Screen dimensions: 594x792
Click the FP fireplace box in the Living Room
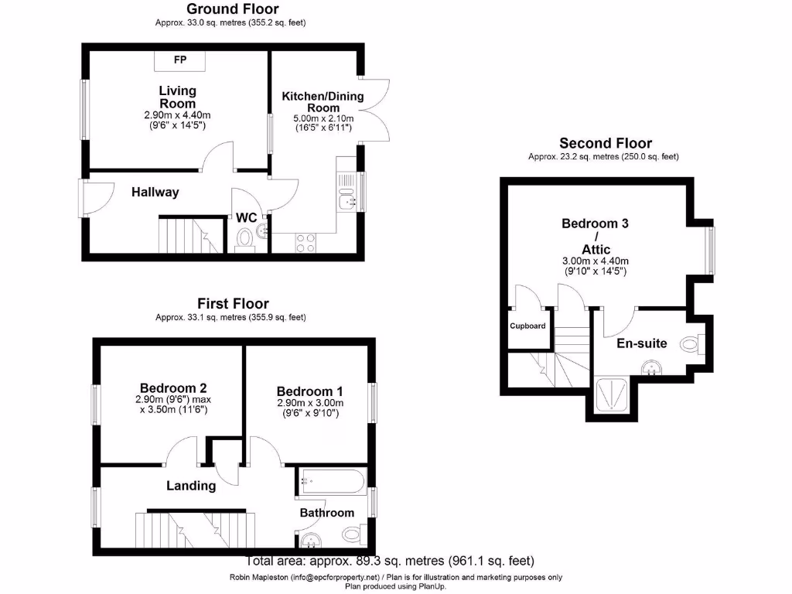point(179,60)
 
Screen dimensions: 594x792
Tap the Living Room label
point(177,97)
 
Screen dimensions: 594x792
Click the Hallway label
point(155,192)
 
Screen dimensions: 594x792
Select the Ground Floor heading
point(230,9)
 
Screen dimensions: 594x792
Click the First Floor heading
point(233,303)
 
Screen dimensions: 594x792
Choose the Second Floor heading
point(606,143)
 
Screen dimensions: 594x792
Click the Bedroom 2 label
point(173,387)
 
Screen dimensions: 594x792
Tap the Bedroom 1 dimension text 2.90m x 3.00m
point(309,403)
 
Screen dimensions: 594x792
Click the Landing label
point(191,486)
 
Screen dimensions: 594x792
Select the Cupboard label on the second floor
point(527,326)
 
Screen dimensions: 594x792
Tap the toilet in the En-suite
point(691,343)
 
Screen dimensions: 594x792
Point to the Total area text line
point(390,561)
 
